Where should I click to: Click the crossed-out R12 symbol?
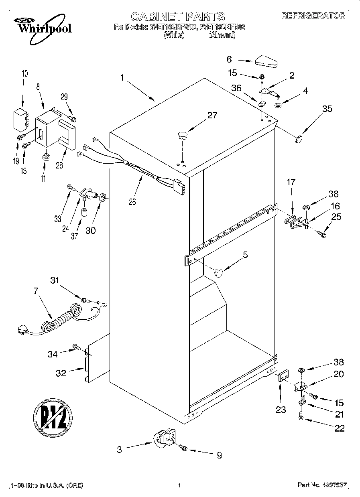click(x=53, y=418)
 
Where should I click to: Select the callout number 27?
click(x=212, y=116)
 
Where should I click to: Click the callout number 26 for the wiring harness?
click(x=132, y=202)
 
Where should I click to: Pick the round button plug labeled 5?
click(x=218, y=272)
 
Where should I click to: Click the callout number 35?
click(x=327, y=109)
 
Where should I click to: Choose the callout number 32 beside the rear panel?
click(x=61, y=373)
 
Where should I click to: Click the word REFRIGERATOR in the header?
click(x=313, y=16)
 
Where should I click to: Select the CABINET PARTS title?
click(x=178, y=16)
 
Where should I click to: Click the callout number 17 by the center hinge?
click(x=291, y=183)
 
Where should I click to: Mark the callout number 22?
click(x=339, y=428)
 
